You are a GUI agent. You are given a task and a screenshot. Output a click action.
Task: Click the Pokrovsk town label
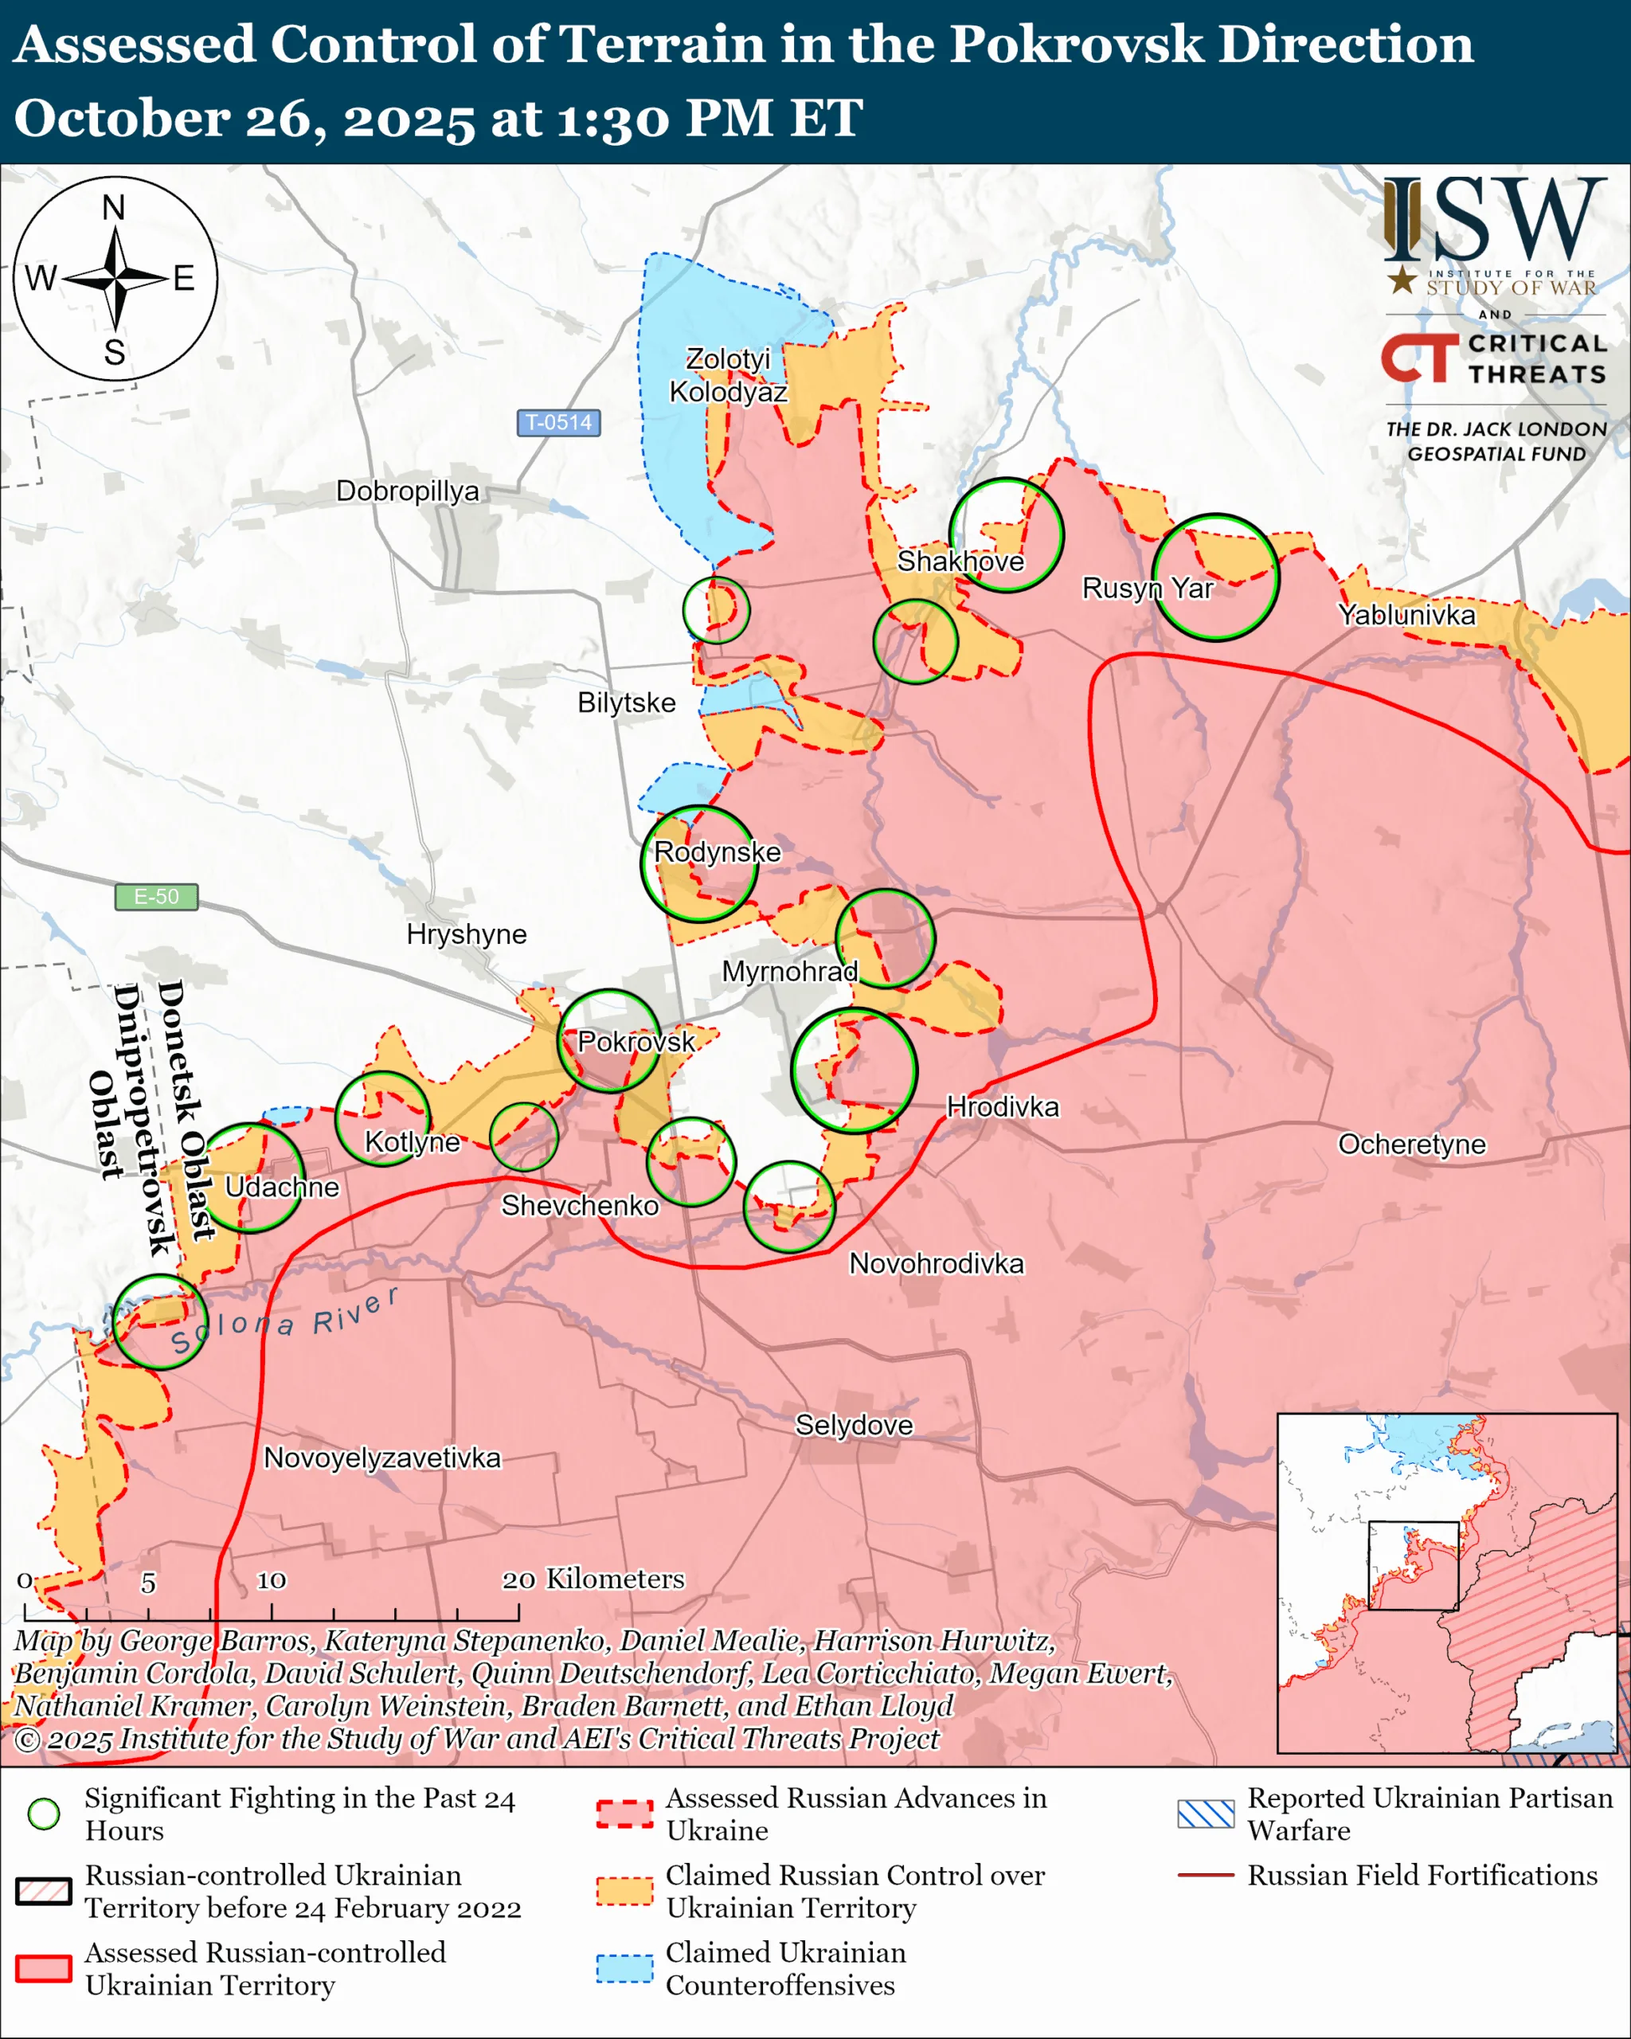(x=636, y=1041)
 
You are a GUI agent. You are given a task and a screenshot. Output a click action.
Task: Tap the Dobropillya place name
(x=408, y=491)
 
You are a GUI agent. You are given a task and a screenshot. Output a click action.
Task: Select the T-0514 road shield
(x=557, y=422)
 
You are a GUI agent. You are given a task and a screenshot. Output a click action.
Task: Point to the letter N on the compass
(x=113, y=207)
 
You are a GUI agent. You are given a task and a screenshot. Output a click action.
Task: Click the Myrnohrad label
(x=789, y=971)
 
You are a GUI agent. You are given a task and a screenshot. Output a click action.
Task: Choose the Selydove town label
(x=854, y=1424)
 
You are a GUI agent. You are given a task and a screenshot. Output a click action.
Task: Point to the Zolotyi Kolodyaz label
(x=728, y=375)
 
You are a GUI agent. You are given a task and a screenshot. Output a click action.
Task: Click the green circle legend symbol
(x=44, y=1814)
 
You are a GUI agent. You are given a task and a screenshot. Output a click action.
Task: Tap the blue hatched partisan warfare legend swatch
(x=1206, y=1814)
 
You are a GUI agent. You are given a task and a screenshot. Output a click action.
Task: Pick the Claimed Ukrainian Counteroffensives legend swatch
(x=624, y=1968)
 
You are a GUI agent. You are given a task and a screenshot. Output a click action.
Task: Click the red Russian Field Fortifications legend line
(x=1206, y=1874)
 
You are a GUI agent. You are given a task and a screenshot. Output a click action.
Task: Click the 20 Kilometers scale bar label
(x=593, y=1579)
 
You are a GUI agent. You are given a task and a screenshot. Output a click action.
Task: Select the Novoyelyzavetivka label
(x=382, y=1458)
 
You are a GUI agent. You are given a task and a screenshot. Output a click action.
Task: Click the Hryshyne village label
(x=466, y=934)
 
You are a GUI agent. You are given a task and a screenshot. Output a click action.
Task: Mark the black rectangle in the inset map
(x=1414, y=1565)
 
